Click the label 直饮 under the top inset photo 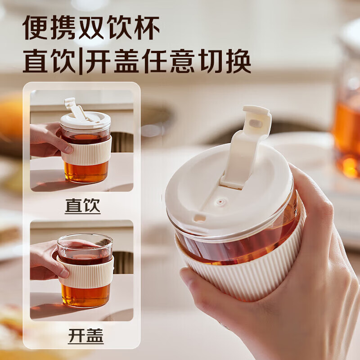pos(82,206)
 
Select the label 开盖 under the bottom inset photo pos(85,336)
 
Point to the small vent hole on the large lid pos(220,202)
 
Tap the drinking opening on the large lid pos(199,218)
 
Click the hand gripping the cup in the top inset pos(46,139)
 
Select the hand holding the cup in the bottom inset pos(45,261)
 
